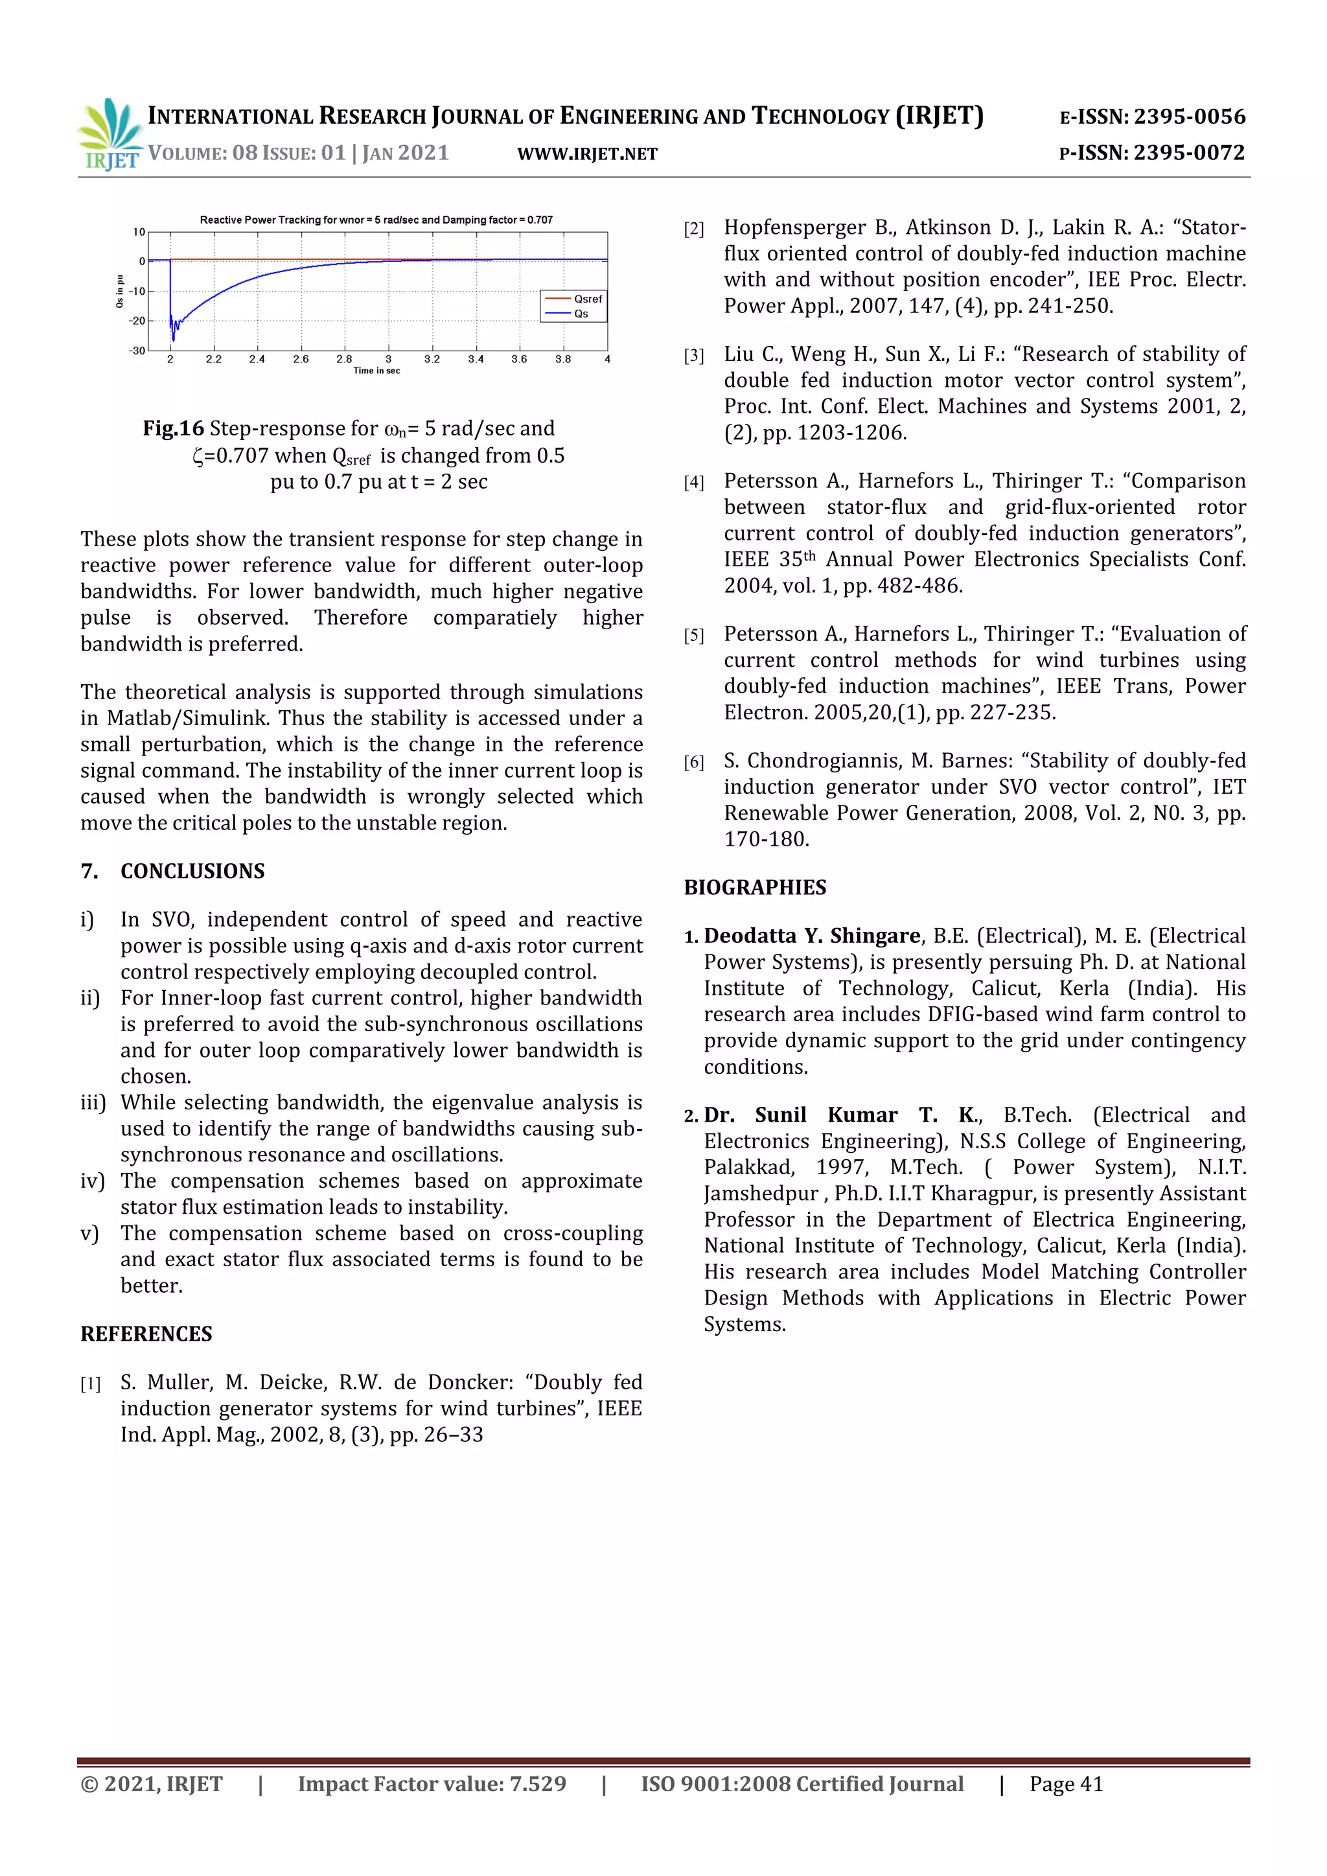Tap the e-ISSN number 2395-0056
(x=1189, y=117)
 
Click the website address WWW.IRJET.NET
(x=588, y=154)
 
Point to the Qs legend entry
(x=581, y=314)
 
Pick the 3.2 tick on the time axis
(x=432, y=359)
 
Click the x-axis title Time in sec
(x=376, y=371)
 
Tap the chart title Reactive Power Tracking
(x=376, y=220)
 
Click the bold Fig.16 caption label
(x=173, y=429)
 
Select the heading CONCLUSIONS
(x=193, y=871)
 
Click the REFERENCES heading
(x=146, y=1334)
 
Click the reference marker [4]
(x=694, y=482)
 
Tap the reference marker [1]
(x=90, y=1384)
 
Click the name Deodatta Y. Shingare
(x=813, y=936)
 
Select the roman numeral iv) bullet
(x=93, y=1181)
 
